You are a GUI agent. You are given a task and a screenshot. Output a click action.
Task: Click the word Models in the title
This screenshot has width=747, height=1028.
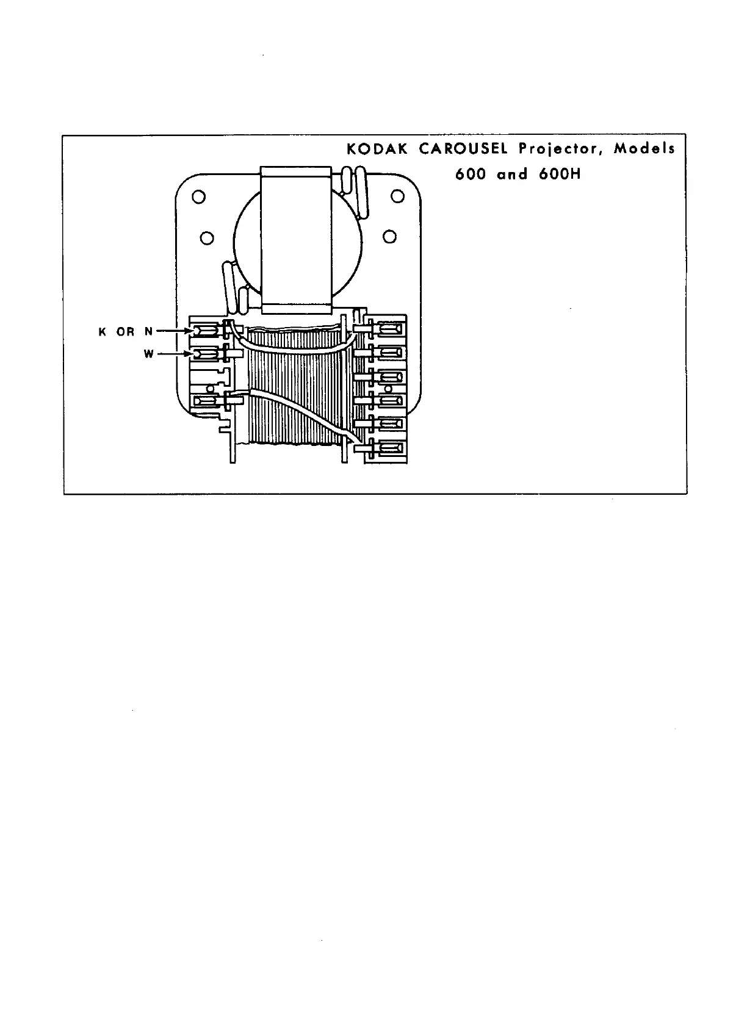coord(644,149)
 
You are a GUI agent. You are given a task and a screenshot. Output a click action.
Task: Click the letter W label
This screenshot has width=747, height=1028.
coord(149,354)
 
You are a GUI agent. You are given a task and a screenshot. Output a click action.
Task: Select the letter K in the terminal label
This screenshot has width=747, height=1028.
coord(102,332)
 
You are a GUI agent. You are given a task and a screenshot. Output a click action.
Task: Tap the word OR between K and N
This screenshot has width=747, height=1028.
coord(125,332)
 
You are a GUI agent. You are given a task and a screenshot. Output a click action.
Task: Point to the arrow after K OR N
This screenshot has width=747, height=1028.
coord(175,331)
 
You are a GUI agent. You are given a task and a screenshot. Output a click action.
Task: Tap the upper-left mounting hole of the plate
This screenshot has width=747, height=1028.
coord(197,196)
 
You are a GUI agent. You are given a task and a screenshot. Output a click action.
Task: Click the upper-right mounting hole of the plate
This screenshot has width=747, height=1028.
coord(397,196)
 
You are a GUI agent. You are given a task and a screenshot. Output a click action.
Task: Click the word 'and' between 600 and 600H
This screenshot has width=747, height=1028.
coord(512,174)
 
